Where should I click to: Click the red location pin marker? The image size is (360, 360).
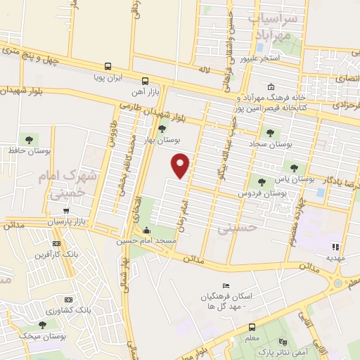(181, 165)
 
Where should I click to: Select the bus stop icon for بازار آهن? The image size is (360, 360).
(145, 80)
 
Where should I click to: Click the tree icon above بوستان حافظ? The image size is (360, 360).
(30, 137)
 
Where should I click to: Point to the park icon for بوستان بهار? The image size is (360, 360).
(162, 128)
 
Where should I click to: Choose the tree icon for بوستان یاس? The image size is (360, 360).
(294, 168)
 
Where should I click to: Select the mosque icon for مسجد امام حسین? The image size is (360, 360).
(147, 231)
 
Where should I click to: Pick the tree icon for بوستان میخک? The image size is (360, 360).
(44, 325)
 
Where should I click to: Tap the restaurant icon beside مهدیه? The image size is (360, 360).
(335, 247)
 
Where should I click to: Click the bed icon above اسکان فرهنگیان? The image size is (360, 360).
(224, 285)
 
